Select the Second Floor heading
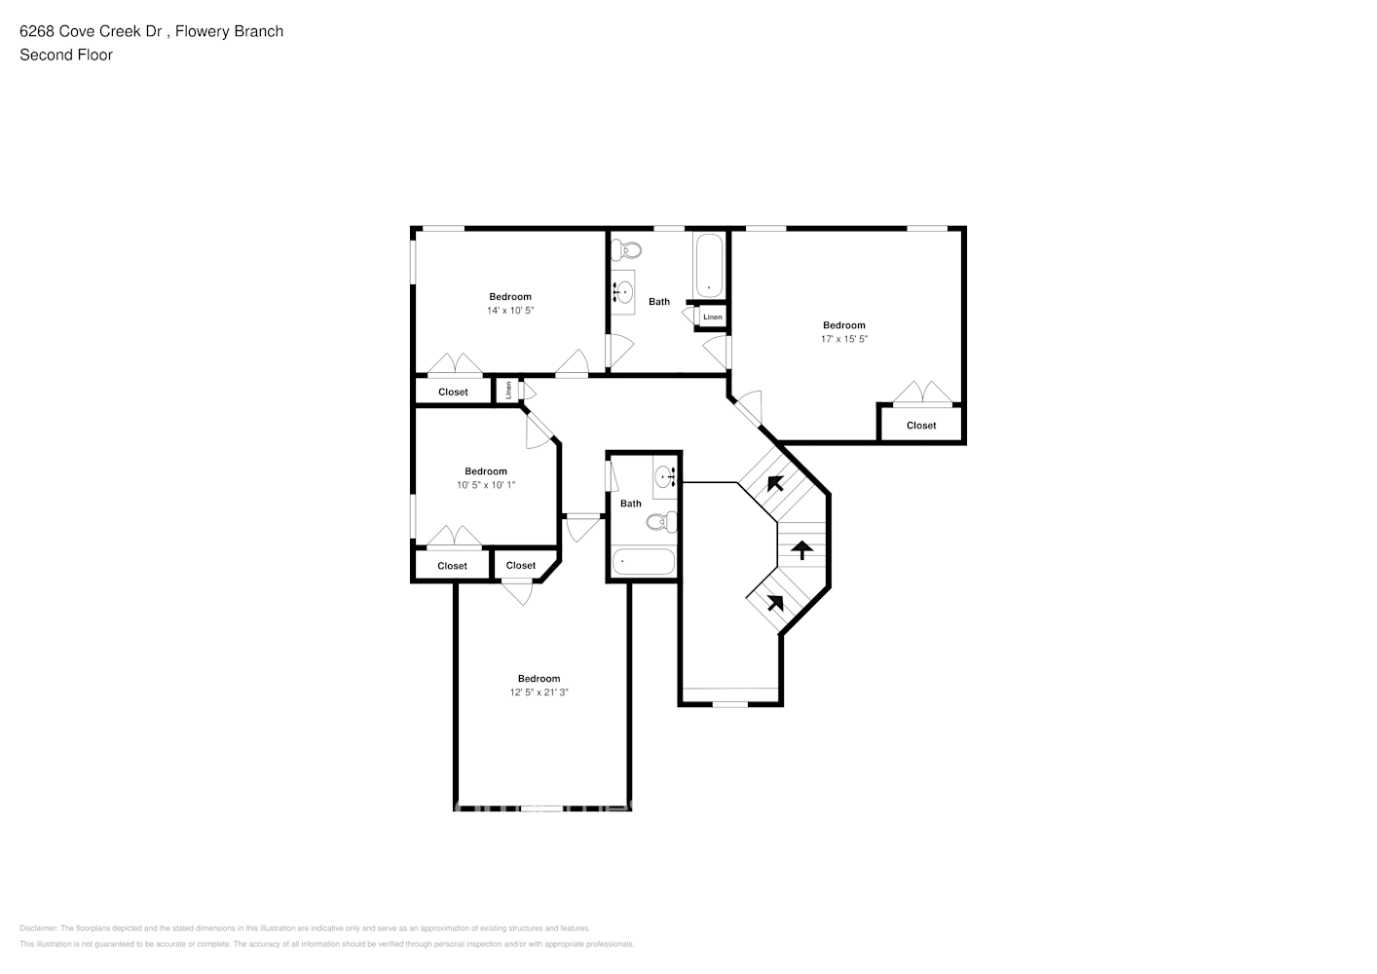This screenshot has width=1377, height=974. click(66, 55)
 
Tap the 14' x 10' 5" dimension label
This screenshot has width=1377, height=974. click(510, 311)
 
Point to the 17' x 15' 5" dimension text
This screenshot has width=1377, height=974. click(843, 340)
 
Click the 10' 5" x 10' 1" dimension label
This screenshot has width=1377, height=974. click(485, 485)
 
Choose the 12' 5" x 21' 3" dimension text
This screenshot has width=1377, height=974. click(539, 693)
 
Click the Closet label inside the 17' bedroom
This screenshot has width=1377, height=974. click(920, 426)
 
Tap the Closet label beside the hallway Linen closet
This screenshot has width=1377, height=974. click(453, 393)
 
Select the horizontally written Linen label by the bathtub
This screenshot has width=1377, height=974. click(712, 318)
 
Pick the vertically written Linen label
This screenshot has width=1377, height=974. click(508, 391)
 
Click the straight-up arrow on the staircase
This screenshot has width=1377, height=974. click(800, 551)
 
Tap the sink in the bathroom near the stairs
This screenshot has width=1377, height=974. click(666, 477)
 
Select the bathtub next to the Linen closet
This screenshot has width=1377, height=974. click(708, 266)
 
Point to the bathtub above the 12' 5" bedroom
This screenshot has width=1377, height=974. click(644, 563)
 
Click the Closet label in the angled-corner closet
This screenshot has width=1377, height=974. click(520, 566)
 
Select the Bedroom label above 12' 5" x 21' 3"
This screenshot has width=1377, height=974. click(539, 679)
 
